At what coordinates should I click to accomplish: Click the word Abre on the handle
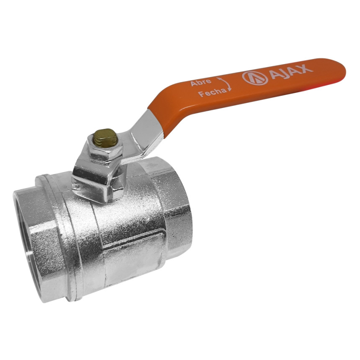point(201,82)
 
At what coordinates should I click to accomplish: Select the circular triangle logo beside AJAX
point(255,78)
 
